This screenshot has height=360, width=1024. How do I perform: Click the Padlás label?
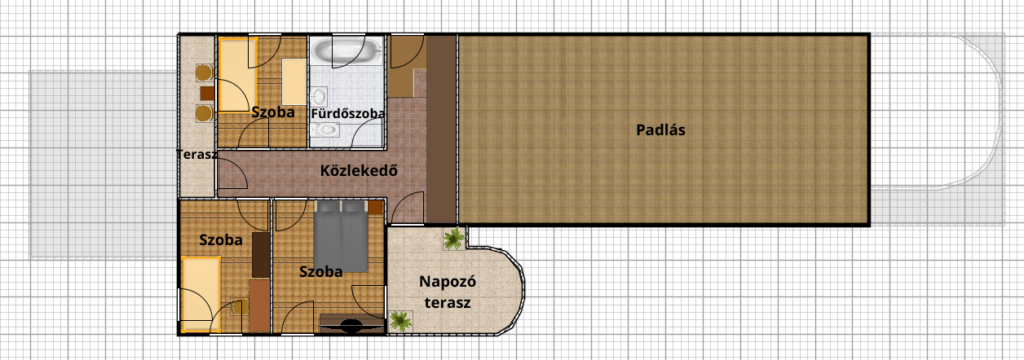pos(660,130)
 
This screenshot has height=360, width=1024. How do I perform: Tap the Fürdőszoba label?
pos(347,114)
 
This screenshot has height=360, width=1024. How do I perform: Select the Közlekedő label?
pos(359,171)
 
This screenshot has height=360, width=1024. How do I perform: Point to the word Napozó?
pos(447,282)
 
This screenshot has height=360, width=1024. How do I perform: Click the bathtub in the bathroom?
pos(345,50)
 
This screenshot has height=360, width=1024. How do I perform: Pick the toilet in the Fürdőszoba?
pos(325,129)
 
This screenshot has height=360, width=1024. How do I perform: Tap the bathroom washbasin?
pos(319,96)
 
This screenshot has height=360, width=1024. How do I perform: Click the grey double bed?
pos(341,236)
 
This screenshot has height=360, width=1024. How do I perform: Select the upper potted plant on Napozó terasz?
pos(453,239)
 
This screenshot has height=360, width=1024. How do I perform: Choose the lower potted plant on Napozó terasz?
pos(400,321)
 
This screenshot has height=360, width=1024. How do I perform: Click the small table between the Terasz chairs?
pos(207,93)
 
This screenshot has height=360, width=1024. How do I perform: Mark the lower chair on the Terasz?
pos(204,113)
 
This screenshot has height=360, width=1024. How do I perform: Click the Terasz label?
pos(196,155)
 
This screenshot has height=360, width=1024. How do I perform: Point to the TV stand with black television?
pos(351,324)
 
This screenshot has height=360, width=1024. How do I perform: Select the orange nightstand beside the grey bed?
pos(375,208)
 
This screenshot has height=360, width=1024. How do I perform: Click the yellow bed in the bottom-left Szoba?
pos(201,294)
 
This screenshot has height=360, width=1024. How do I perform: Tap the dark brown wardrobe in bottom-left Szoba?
pos(261,254)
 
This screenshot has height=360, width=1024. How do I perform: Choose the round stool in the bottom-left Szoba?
pos(236,308)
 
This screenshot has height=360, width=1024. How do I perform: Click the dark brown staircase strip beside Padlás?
pos(441,129)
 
